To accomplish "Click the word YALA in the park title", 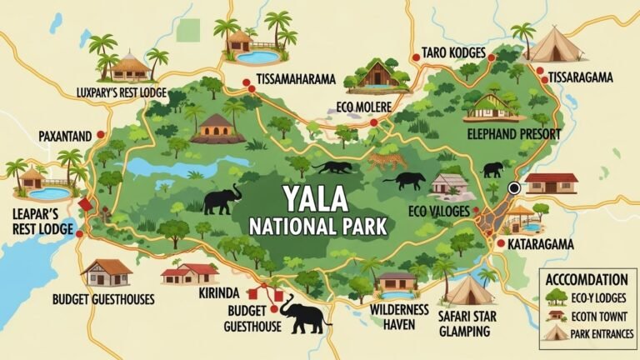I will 320,201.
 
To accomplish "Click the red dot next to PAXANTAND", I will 101,134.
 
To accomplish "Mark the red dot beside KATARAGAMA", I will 500,244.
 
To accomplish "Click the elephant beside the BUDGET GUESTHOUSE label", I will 303,315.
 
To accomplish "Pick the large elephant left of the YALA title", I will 222,199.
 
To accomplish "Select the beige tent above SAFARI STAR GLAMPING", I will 468,288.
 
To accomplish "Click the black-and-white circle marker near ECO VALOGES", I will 514,188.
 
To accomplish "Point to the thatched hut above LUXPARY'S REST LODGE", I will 132,66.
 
